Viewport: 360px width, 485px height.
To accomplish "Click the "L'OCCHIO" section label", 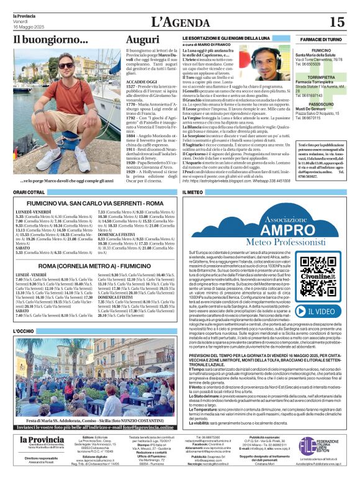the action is pyautogui.click(x=24, y=332).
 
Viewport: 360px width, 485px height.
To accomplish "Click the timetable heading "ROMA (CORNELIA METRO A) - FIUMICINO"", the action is pyautogui.click(x=91, y=265).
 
